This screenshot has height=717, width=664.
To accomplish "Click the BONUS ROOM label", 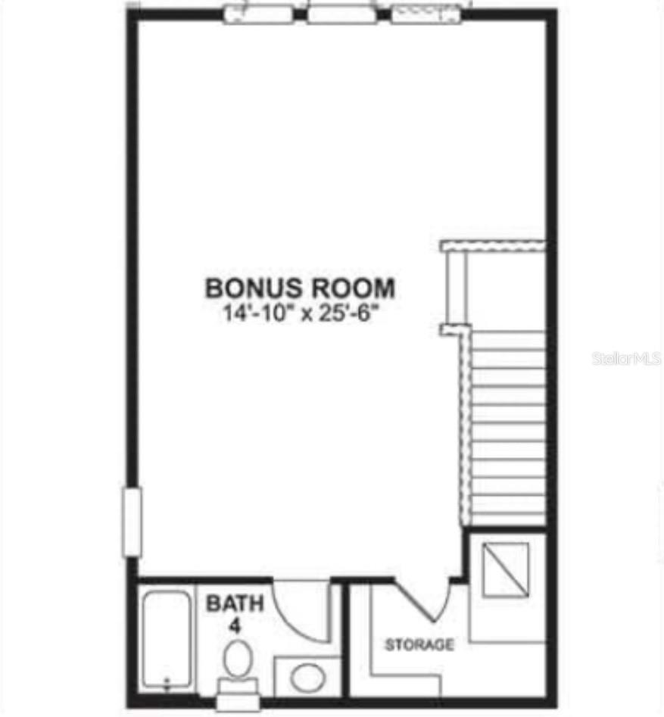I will pyautogui.click(x=300, y=288).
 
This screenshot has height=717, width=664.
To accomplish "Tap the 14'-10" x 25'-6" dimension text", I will pyautogui.click(x=300, y=313).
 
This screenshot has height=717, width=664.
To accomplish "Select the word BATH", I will pyautogui.click(x=235, y=603).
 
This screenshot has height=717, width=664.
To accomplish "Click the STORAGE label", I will pyautogui.click(x=419, y=645).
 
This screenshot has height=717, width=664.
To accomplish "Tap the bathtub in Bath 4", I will pyautogui.click(x=167, y=640).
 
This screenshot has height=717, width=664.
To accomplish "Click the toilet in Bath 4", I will pyautogui.click(x=238, y=660).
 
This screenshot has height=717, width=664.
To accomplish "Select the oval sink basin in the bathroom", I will pyautogui.click(x=307, y=677).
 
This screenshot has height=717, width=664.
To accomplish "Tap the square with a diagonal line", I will pyautogui.click(x=507, y=569).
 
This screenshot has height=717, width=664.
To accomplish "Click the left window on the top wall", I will pyautogui.click(x=260, y=14).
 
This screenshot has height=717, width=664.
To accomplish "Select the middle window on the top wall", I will pyautogui.click(x=342, y=14).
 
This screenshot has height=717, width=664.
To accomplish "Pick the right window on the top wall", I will pyautogui.click(x=426, y=14).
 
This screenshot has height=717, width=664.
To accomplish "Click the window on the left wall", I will pyautogui.click(x=132, y=522).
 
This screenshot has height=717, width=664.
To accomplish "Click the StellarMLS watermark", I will pyautogui.click(x=627, y=357).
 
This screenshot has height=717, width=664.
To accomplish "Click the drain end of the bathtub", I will pyautogui.click(x=167, y=681).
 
